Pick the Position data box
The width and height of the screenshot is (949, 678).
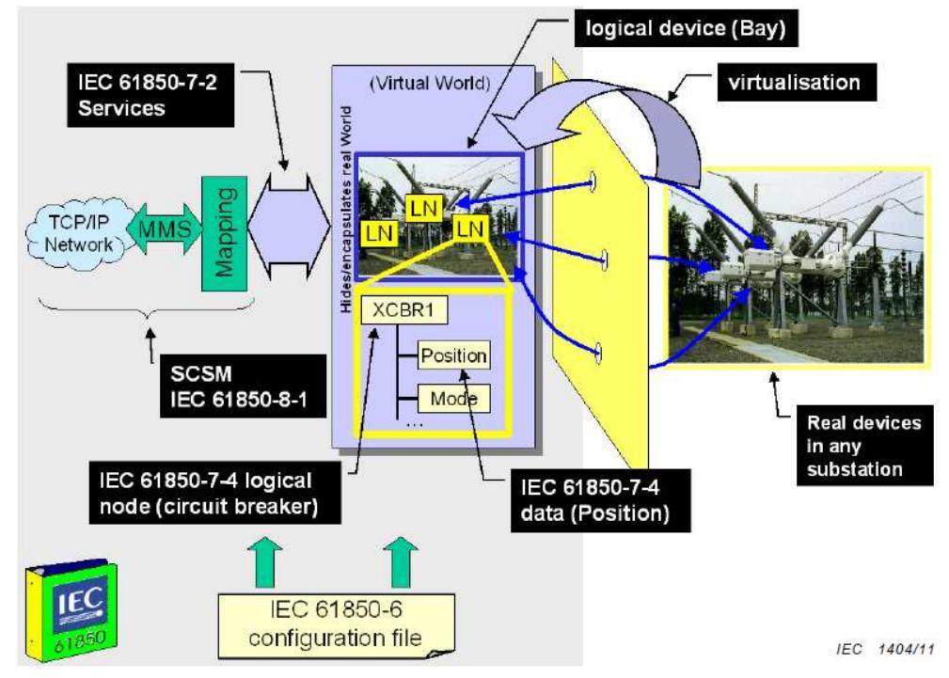pyautogui.click(x=453, y=355)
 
